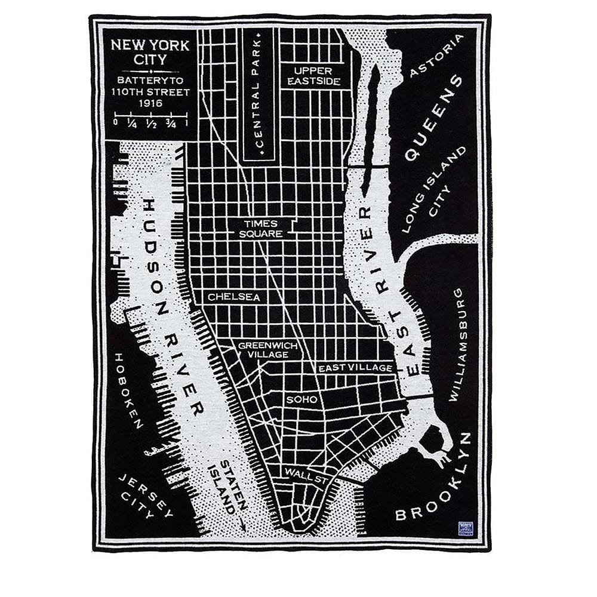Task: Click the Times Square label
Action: point(261,229)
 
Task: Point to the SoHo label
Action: point(301,399)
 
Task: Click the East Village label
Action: point(356,368)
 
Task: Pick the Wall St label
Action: point(304,473)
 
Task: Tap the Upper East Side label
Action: point(313,75)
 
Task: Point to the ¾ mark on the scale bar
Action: point(171,124)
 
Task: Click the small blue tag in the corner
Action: point(466,528)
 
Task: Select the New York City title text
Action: point(150,52)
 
